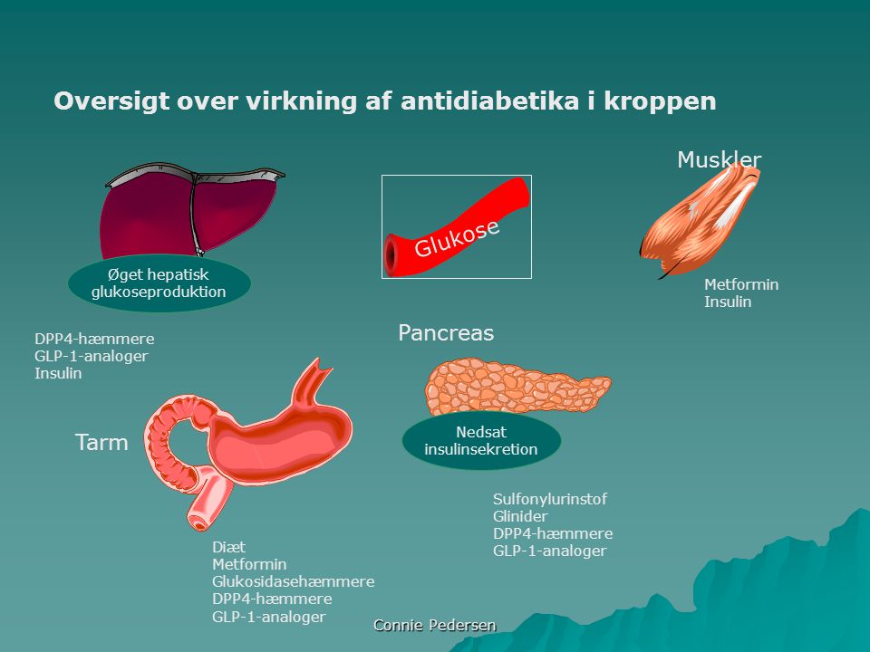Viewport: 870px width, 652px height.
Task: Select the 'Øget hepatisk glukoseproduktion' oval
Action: click(x=159, y=283)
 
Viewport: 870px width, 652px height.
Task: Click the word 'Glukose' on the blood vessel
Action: click(x=457, y=238)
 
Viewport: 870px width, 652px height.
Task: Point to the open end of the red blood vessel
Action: click(x=392, y=255)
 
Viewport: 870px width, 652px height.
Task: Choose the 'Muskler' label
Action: click(x=719, y=159)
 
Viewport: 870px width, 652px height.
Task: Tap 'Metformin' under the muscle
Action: click(x=741, y=284)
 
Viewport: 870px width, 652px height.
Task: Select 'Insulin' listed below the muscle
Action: click(x=728, y=302)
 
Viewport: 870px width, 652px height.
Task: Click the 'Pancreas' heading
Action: click(x=446, y=332)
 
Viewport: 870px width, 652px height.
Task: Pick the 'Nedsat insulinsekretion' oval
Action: click(x=481, y=440)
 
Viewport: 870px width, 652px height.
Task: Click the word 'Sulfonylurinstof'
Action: click(x=550, y=499)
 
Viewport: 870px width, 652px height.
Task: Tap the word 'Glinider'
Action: click(x=520, y=516)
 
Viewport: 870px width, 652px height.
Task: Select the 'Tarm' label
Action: click(x=101, y=443)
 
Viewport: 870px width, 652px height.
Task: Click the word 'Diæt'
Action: click(x=228, y=547)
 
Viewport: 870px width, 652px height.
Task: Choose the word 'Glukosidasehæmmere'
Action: click(x=293, y=581)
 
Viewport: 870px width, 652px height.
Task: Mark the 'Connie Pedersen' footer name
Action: click(x=435, y=626)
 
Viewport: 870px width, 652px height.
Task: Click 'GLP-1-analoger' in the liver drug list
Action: click(x=91, y=356)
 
